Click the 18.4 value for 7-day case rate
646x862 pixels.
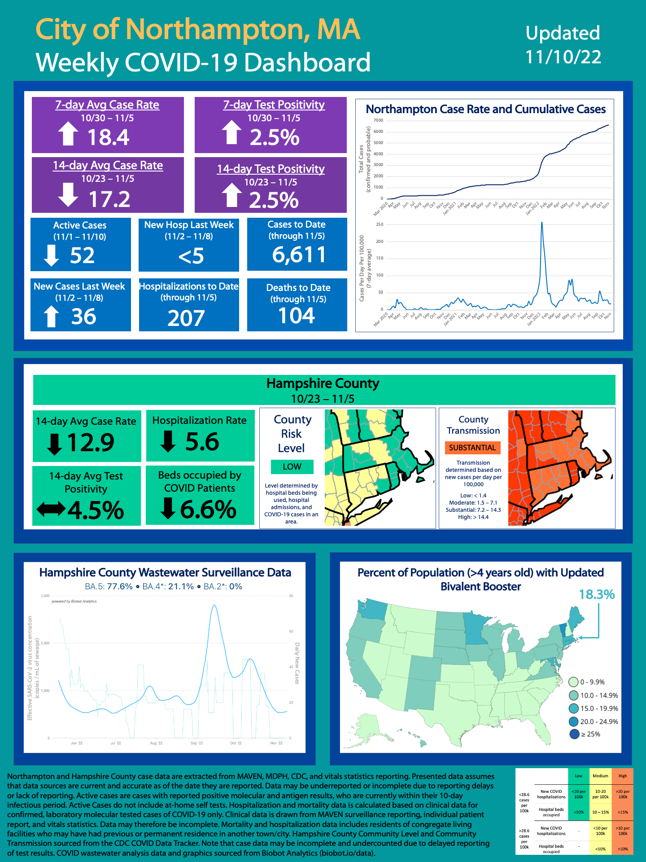(108, 137)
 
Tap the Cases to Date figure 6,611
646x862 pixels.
(299, 255)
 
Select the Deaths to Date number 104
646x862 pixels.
(297, 316)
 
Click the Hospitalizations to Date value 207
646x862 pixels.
(186, 318)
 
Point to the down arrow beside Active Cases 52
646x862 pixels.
(51, 255)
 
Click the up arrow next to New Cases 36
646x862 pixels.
(51, 316)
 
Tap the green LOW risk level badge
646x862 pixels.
(292, 466)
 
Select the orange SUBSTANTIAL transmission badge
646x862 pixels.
(472, 448)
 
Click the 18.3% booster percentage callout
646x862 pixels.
(597, 594)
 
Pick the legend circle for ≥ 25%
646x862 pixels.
(574, 734)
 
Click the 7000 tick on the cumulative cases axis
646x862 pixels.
(378, 120)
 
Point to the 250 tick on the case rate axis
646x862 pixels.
(380, 224)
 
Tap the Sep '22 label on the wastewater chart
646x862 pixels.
(196, 743)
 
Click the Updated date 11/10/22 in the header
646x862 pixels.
(563, 57)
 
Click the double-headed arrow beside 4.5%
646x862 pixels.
(51, 510)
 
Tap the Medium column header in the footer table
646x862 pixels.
(600, 776)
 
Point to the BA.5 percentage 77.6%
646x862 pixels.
(120, 586)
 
